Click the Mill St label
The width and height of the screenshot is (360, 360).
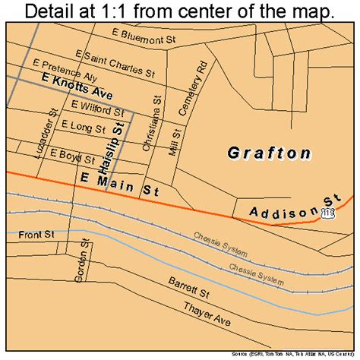point(177,140)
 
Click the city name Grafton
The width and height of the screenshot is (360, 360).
point(269,153)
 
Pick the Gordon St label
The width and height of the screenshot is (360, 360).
point(79,259)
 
